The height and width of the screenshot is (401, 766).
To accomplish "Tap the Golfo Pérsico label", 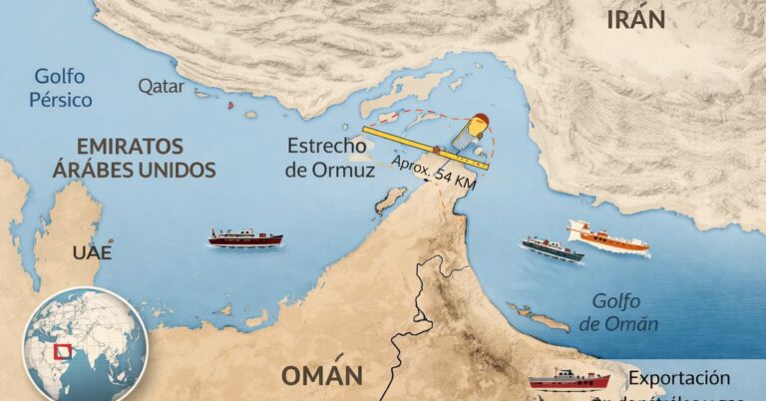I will click(x=62, y=88).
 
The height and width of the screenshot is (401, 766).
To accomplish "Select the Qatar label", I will click(x=162, y=87).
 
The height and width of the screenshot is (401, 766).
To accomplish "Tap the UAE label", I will click(x=92, y=251).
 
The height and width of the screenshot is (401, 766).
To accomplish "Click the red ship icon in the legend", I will click(x=568, y=379).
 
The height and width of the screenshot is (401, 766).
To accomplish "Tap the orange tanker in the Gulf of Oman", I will click(x=608, y=237).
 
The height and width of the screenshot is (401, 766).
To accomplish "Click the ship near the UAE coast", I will click(x=244, y=237).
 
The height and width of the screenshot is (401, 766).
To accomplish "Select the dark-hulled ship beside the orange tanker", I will click(x=552, y=248).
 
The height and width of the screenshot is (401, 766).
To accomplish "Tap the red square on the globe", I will click(x=63, y=352).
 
